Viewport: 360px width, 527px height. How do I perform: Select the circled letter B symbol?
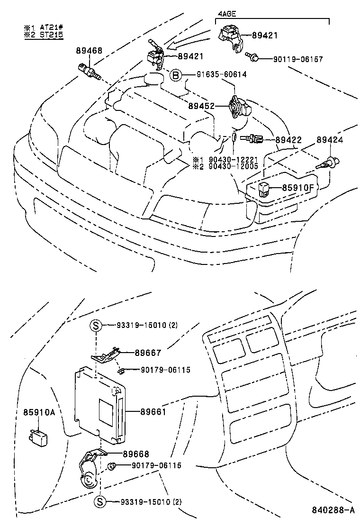point(176,75)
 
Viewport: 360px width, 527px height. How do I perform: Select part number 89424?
point(330,140)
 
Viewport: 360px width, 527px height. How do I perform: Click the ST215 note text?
point(51,35)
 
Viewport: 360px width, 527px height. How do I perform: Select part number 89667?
point(148,353)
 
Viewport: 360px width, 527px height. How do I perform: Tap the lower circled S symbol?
point(99,502)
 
